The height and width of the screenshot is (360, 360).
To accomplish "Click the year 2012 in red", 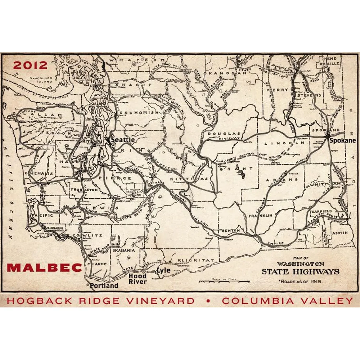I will click(x=31, y=65).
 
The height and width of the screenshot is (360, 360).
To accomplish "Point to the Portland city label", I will click(x=104, y=285).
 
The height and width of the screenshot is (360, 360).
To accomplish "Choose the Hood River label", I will click(x=138, y=279).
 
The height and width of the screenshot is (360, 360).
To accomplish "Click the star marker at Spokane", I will click(x=327, y=136).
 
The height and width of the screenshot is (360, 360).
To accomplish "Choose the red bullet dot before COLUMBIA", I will click(x=208, y=301).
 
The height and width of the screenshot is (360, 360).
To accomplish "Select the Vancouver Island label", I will click(x=41, y=80).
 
